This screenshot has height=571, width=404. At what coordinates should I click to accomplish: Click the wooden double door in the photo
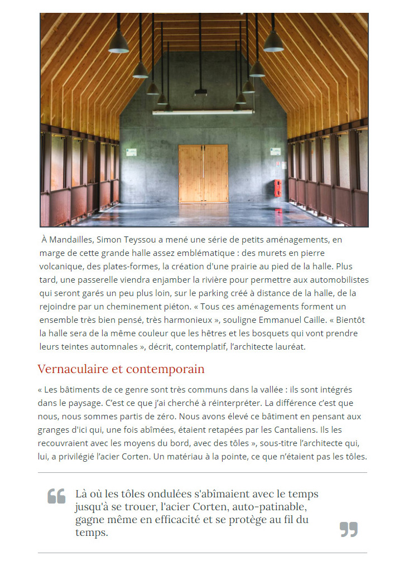pyautogui.click(x=203, y=173)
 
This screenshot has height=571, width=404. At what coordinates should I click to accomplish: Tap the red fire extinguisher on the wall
pyautogui.click(x=278, y=187)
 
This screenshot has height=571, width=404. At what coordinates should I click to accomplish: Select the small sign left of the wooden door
pyautogui.click(x=131, y=152)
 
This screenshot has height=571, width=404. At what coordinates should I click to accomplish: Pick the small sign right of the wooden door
pyautogui.click(x=275, y=151)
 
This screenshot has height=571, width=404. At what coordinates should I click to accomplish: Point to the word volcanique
pyautogui.click(x=61, y=266)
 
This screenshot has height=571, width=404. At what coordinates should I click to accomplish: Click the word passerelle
pyautogui.click(x=103, y=279)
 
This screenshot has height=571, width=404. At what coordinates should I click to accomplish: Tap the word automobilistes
pyautogui.click(x=336, y=279)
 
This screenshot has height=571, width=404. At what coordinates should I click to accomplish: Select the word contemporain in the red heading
pyautogui.click(x=165, y=369)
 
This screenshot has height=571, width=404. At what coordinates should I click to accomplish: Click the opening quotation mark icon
pyautogui.click(x=56, y=496)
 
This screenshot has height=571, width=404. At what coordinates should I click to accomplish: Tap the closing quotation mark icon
pyautogui.click(x=349, y=529)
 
